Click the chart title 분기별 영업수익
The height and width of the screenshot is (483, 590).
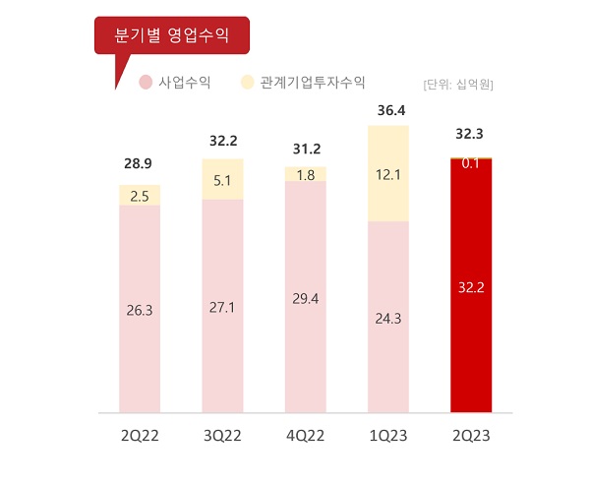[172, 37]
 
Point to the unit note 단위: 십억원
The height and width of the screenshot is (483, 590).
[457, 84]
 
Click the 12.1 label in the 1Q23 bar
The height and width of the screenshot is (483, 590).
[387, 174]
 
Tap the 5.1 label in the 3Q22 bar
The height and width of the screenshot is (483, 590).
[222, 180]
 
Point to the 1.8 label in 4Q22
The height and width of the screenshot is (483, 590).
[305, 175]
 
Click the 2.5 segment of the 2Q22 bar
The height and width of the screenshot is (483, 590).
[140, 196]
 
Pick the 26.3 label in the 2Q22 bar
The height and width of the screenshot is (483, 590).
[140, 309]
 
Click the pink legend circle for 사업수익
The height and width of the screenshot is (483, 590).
[146, 83]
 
